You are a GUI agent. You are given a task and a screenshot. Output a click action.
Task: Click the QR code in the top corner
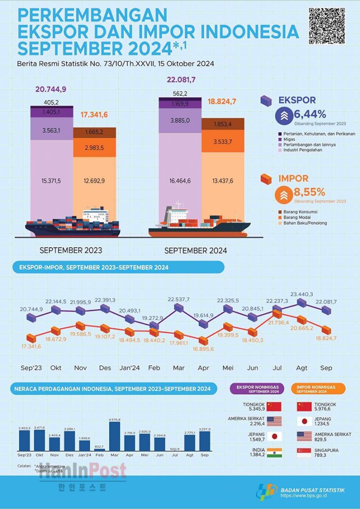pos(327,26)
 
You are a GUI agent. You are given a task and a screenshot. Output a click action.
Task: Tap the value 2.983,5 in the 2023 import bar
pos(94,149)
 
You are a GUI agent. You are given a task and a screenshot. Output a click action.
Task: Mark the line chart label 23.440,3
pos(302,294)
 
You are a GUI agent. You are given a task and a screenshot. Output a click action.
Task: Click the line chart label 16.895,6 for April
pos(202,349)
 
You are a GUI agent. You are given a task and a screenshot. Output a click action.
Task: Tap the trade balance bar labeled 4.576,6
pos(114,436)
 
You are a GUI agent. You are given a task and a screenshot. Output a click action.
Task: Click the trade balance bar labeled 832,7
pos(99,449)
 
